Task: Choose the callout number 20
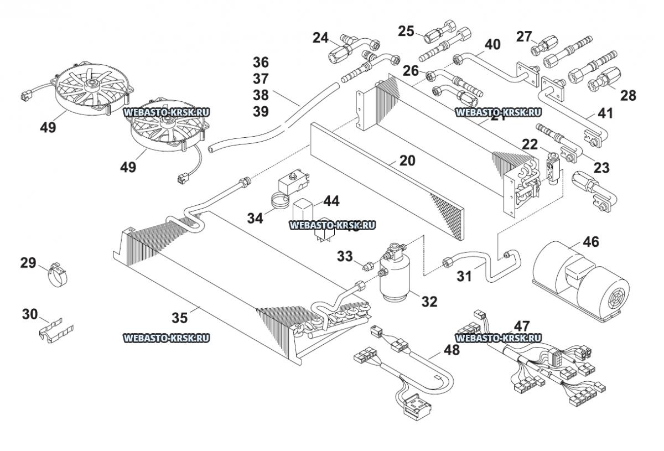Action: [407, 160]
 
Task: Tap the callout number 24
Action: [320, 38]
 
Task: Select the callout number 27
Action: [523, 37]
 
